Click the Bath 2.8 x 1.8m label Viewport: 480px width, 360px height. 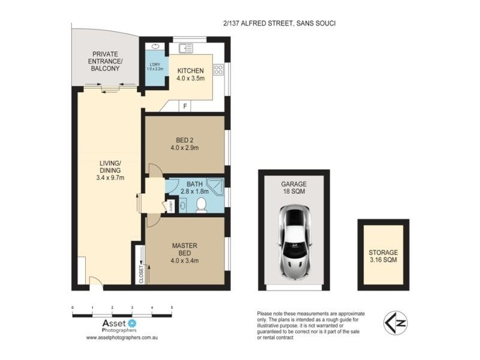point(194,188)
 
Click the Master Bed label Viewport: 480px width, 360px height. point(185,253)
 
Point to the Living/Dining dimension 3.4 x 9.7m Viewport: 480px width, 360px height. point(110,177)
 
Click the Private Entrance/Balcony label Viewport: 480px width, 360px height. point(105,61)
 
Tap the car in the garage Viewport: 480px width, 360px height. point(293,241)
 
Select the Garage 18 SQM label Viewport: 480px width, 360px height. point(294,188)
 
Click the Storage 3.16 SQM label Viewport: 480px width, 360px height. point(383,257)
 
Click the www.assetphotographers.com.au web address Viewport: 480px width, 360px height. point(122,338)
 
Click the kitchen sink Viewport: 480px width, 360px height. point(184,46)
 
